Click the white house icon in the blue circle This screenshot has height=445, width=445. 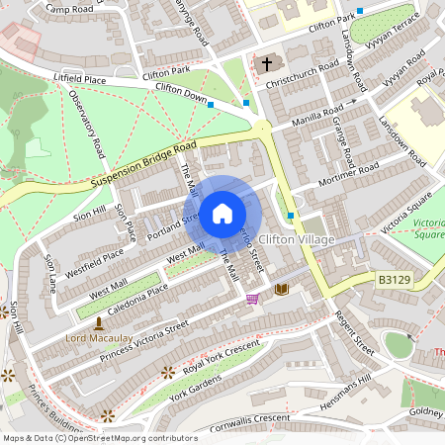222,213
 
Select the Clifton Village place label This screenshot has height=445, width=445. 296,240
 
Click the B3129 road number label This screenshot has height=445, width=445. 393,282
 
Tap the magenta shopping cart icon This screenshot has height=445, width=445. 252,299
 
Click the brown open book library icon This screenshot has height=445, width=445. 282,289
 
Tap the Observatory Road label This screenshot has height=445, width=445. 87,124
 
